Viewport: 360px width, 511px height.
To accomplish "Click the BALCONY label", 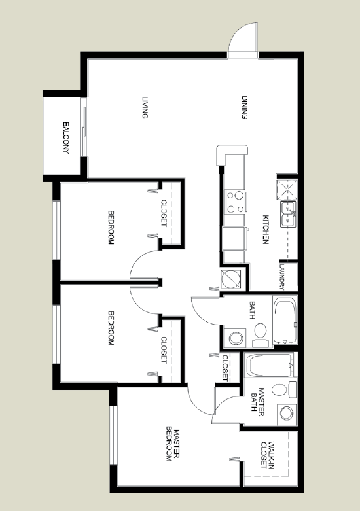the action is [x=66, y=138].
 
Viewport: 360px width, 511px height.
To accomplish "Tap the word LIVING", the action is [x=145, y=107].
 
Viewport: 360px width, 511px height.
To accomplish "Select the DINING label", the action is [x=245, y=107].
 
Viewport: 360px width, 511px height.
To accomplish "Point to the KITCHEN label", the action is [x=266, y=230].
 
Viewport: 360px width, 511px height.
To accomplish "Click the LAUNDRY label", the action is [x=282, y=277].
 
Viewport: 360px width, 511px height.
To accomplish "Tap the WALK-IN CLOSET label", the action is [x=268, y=455].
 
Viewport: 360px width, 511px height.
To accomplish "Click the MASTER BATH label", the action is [x=258, y=402].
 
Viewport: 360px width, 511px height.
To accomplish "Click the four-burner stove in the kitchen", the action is [x=236, y=202].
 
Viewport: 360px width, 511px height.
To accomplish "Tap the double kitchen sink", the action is [x=288, y=214].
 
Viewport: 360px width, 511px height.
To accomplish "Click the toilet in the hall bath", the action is [x=261, y=334].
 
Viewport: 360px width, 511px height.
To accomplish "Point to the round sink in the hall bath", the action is [x=236, y=338].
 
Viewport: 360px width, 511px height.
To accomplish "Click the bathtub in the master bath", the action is [x=270, y=365].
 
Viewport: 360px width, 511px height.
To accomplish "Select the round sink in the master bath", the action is [x=287, y=414].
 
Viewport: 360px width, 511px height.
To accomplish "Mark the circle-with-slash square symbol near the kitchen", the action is [x=231, y=279].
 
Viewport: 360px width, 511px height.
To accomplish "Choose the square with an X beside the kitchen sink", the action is [x=287, y=189].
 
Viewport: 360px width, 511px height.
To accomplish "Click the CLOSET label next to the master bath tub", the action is [x=225, y=368].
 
